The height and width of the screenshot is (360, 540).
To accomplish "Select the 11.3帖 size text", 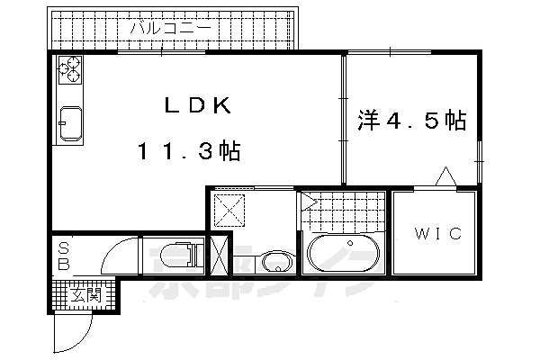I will (189, 151).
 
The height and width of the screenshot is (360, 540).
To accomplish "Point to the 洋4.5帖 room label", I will (411, 119).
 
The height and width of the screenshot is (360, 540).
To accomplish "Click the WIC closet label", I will (438, 234).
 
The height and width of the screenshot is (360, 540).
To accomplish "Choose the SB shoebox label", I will (64, 256).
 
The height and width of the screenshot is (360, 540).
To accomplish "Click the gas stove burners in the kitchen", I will (70, 67).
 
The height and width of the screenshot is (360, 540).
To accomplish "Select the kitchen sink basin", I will (69, 124).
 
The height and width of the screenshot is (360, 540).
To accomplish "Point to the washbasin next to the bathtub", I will (274, 262).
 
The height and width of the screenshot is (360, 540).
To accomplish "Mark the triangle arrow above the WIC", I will (445, 177).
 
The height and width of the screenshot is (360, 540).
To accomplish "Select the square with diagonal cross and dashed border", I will (231, 212).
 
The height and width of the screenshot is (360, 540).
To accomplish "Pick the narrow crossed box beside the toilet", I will (219, 256).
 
